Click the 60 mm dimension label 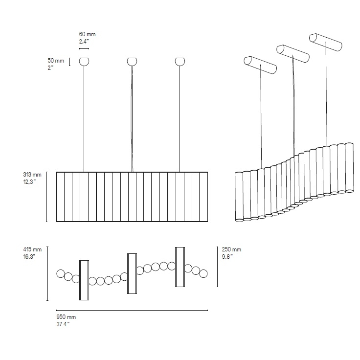[87, 34]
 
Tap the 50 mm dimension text [56, 61]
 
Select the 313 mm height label [32, 175]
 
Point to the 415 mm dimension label [32, 249]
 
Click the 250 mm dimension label [231, 249]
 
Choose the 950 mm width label [66, 317]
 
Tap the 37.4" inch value [63, 324]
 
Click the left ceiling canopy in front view [84, 62]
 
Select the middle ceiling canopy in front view [132, 62]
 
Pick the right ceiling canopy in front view [180, 62]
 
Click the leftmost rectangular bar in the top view [84, 280]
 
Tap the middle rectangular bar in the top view [132, 274]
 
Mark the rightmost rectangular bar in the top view [180, 267]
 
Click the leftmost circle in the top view [61, 273]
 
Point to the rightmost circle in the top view [203, 274]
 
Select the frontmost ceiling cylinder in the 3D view [260, 65]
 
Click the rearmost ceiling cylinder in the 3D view [326, 42]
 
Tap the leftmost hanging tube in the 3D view [239, 197]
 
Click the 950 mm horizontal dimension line [132, 311]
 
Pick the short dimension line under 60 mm [84, 49]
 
